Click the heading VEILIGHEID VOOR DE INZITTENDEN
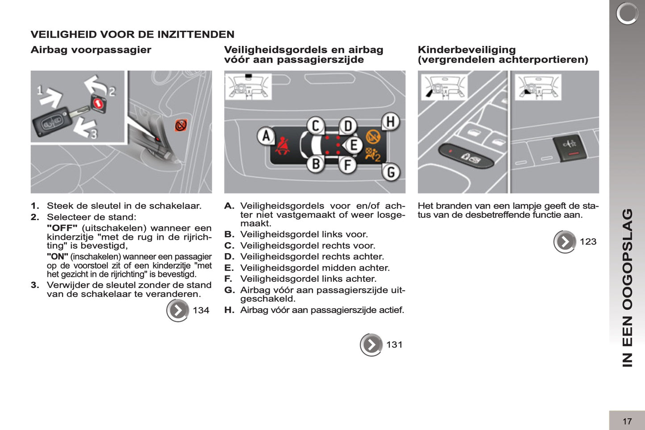point(132,34)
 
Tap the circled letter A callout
point(266,136)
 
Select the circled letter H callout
point(390,121)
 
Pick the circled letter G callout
point(391,172)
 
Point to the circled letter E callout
point(353,145)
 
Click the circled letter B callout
point(316,164)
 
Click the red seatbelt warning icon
point(282,146)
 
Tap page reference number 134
point(201,310)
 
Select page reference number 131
point(394,345)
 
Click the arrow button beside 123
point(565,242)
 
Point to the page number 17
point(627,421)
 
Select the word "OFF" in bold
point(62,228)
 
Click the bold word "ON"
point(58,257)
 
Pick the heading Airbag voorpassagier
point(91,50)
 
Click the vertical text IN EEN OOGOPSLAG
point(627,288)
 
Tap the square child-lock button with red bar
point(568,147)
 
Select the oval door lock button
point(466,155)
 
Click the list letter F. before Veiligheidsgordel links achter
point(229,279)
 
